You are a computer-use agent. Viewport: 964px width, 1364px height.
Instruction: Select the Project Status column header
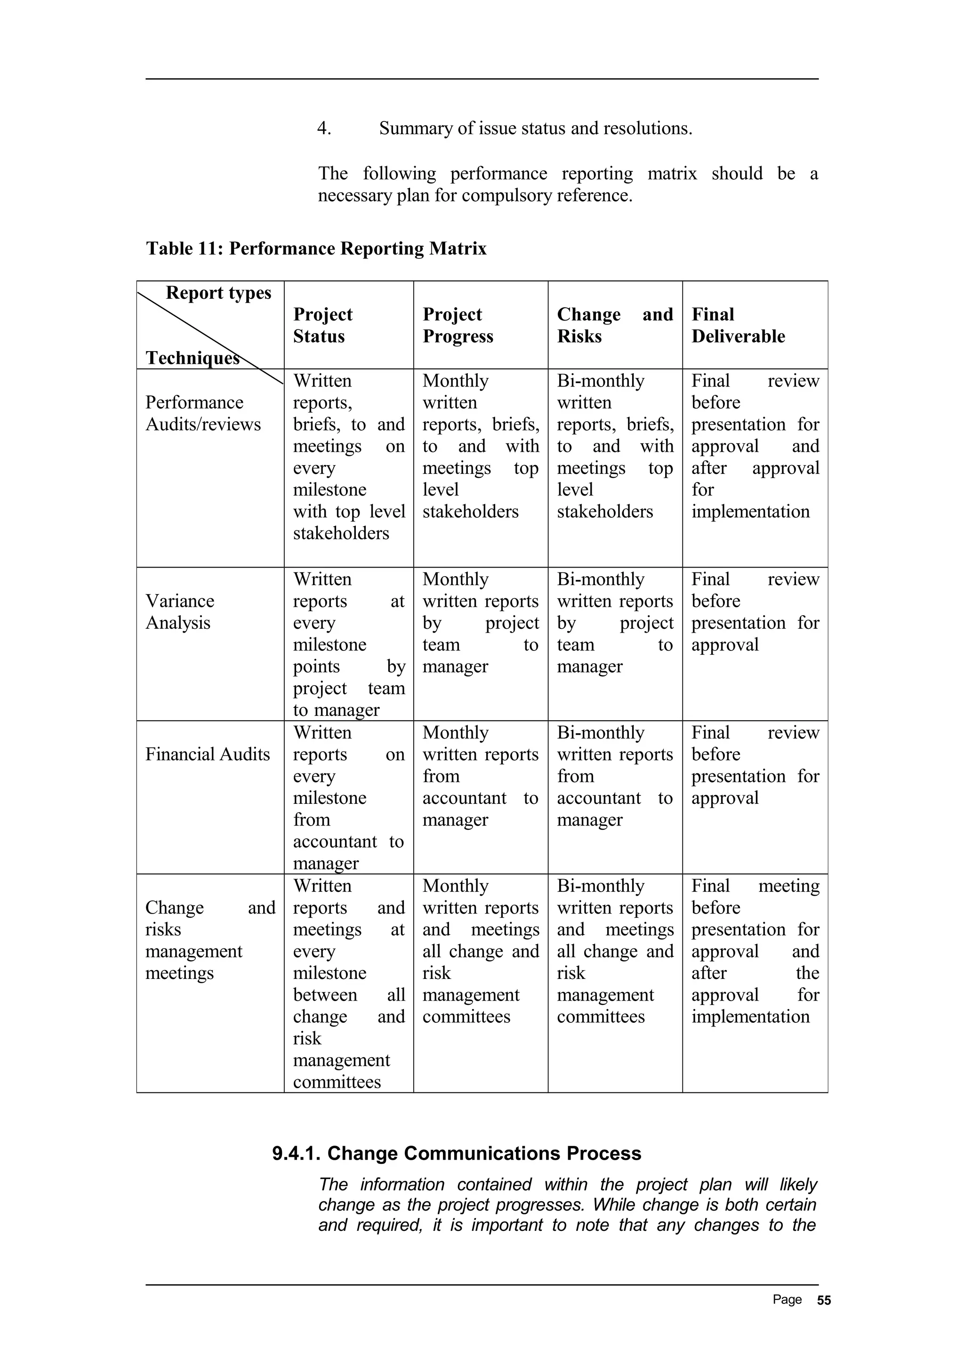coord(322,325)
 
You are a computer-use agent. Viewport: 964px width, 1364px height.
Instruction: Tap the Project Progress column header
coord(458,325)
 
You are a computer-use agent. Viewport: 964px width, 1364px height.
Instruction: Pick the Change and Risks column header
coord(614,325)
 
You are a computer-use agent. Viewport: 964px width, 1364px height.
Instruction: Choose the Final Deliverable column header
coord(738,325)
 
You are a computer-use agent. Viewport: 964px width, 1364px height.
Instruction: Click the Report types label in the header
coord(218,293)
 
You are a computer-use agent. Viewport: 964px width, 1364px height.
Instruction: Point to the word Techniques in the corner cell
coord(192,358)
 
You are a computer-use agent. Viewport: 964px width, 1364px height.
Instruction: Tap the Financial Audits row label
coord(207,754)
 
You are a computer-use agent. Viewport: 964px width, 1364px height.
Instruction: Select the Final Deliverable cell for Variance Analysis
coord(755,612)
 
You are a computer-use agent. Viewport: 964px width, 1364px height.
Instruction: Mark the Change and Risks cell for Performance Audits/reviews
coord(614,446)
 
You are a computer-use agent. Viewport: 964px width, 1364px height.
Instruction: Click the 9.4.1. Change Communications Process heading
coord(456,1153)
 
